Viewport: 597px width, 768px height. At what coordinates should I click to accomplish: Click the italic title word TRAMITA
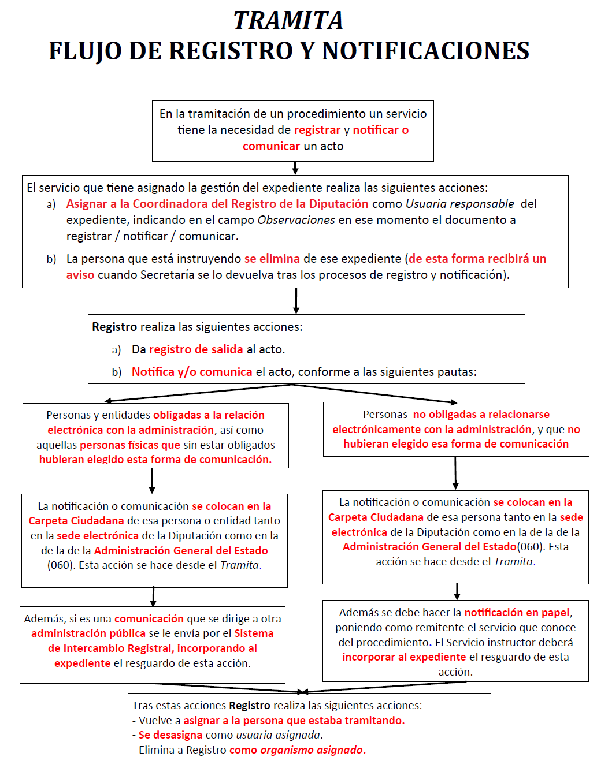point(288,21)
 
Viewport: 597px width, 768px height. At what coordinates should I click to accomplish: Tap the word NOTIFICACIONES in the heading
point(426,51)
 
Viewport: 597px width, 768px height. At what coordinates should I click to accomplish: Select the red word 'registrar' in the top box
point(317,131)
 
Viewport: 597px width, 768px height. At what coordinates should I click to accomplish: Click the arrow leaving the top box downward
point(295,167)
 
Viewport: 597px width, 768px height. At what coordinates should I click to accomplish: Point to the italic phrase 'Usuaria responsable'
point(460,204)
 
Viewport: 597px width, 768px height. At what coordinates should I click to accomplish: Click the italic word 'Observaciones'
point(296,220)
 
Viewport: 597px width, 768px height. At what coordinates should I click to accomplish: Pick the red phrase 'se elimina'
point(272,259)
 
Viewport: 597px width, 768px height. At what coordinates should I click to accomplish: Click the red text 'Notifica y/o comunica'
point(192,372)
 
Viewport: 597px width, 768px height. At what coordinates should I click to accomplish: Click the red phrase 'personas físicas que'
point(130,445)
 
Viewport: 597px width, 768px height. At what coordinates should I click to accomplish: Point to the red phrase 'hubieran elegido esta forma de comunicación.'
point(155,460)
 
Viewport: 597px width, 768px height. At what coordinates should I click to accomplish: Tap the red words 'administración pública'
point(88,633)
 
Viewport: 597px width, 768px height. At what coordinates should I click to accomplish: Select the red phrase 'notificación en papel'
point(517,613)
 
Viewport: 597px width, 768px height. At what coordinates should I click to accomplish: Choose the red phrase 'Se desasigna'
point(170,735)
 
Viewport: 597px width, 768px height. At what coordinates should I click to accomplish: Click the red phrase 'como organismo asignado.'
point(298,750)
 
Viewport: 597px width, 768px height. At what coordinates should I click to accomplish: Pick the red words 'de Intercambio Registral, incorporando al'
point(153,648)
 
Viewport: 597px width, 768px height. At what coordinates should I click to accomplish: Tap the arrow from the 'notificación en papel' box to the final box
point(384,687)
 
